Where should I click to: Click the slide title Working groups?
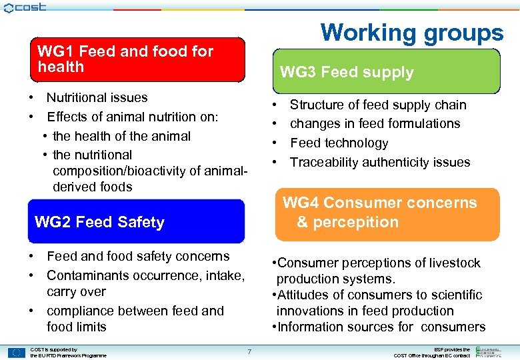tap(411, 32)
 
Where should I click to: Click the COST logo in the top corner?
tap(25, 7)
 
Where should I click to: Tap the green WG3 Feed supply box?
tap(386, 72)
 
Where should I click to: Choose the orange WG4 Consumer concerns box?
tap(387, 213)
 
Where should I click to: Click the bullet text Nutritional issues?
tap(97, 97)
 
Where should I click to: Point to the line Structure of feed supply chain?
tap(377, 105)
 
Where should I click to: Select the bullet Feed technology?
tap(339, 143)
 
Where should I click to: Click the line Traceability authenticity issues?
tap(379, 162)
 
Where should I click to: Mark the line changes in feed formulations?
tap(375, 123)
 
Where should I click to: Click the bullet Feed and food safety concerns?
tap(138, 256)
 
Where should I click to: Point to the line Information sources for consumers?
tap(381, 327)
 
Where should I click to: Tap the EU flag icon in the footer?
tap(17, 352)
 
